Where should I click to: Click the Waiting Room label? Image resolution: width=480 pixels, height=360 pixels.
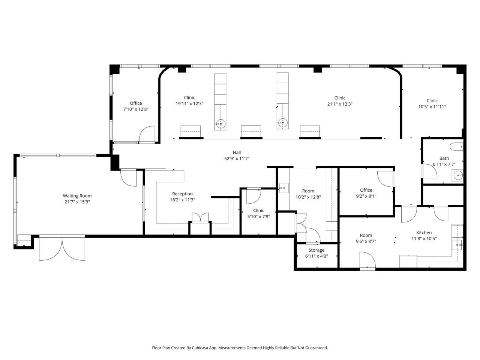[x=77, y=196]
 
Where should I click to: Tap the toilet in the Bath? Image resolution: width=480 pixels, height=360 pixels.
[x=456, y=147]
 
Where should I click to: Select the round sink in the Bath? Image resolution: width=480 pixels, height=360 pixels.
[x=458, y=175]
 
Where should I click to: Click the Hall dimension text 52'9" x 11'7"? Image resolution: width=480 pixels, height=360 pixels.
[x=237, y=159]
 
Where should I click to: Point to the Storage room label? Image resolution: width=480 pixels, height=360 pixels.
[x=316, y=250]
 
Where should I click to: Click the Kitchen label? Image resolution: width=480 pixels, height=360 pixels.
[x=424, y=232]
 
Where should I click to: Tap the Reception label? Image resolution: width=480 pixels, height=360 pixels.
[x=182, y=194]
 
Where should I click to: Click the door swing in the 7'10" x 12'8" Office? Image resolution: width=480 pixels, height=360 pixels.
[x=147, y=134]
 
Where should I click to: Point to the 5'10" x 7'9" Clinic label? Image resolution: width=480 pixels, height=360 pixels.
[x=258, y=210]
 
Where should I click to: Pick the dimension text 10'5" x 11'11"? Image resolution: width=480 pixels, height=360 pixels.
[x=432, y=107]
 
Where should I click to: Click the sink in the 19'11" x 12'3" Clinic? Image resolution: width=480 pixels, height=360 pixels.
[x=220, y=124]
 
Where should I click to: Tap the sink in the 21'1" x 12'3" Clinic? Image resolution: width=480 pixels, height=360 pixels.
[x=282, y=123]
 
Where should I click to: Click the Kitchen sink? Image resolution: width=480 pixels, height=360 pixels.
[x=457, y=245]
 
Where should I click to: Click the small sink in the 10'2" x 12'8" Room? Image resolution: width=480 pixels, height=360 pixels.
[x=283, y=188]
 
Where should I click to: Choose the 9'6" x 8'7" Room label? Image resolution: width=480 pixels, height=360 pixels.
[x=366, y=235]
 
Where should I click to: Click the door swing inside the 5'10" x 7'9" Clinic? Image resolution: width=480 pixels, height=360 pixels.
[x=254, y=196]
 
